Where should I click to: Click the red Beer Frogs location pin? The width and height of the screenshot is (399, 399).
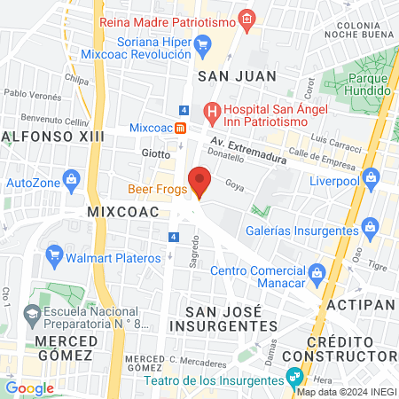(x=200, y=182)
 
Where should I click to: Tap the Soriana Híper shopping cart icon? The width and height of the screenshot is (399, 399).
(x=203, y=42)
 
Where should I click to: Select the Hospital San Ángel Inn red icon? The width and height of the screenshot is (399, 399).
(x=210, y=113)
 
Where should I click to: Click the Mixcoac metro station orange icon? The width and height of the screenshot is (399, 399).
(x=180, y=127)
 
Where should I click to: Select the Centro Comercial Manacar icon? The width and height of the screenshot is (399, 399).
(x=317, y=270)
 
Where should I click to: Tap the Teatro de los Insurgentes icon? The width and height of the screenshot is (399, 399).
(x=293, y=379)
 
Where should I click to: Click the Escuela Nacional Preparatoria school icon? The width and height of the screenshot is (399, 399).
(x=32, y=312)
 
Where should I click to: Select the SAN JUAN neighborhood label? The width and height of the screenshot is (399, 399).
(x=237, y=76)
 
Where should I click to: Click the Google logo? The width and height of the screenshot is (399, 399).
(x=29, y=387)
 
